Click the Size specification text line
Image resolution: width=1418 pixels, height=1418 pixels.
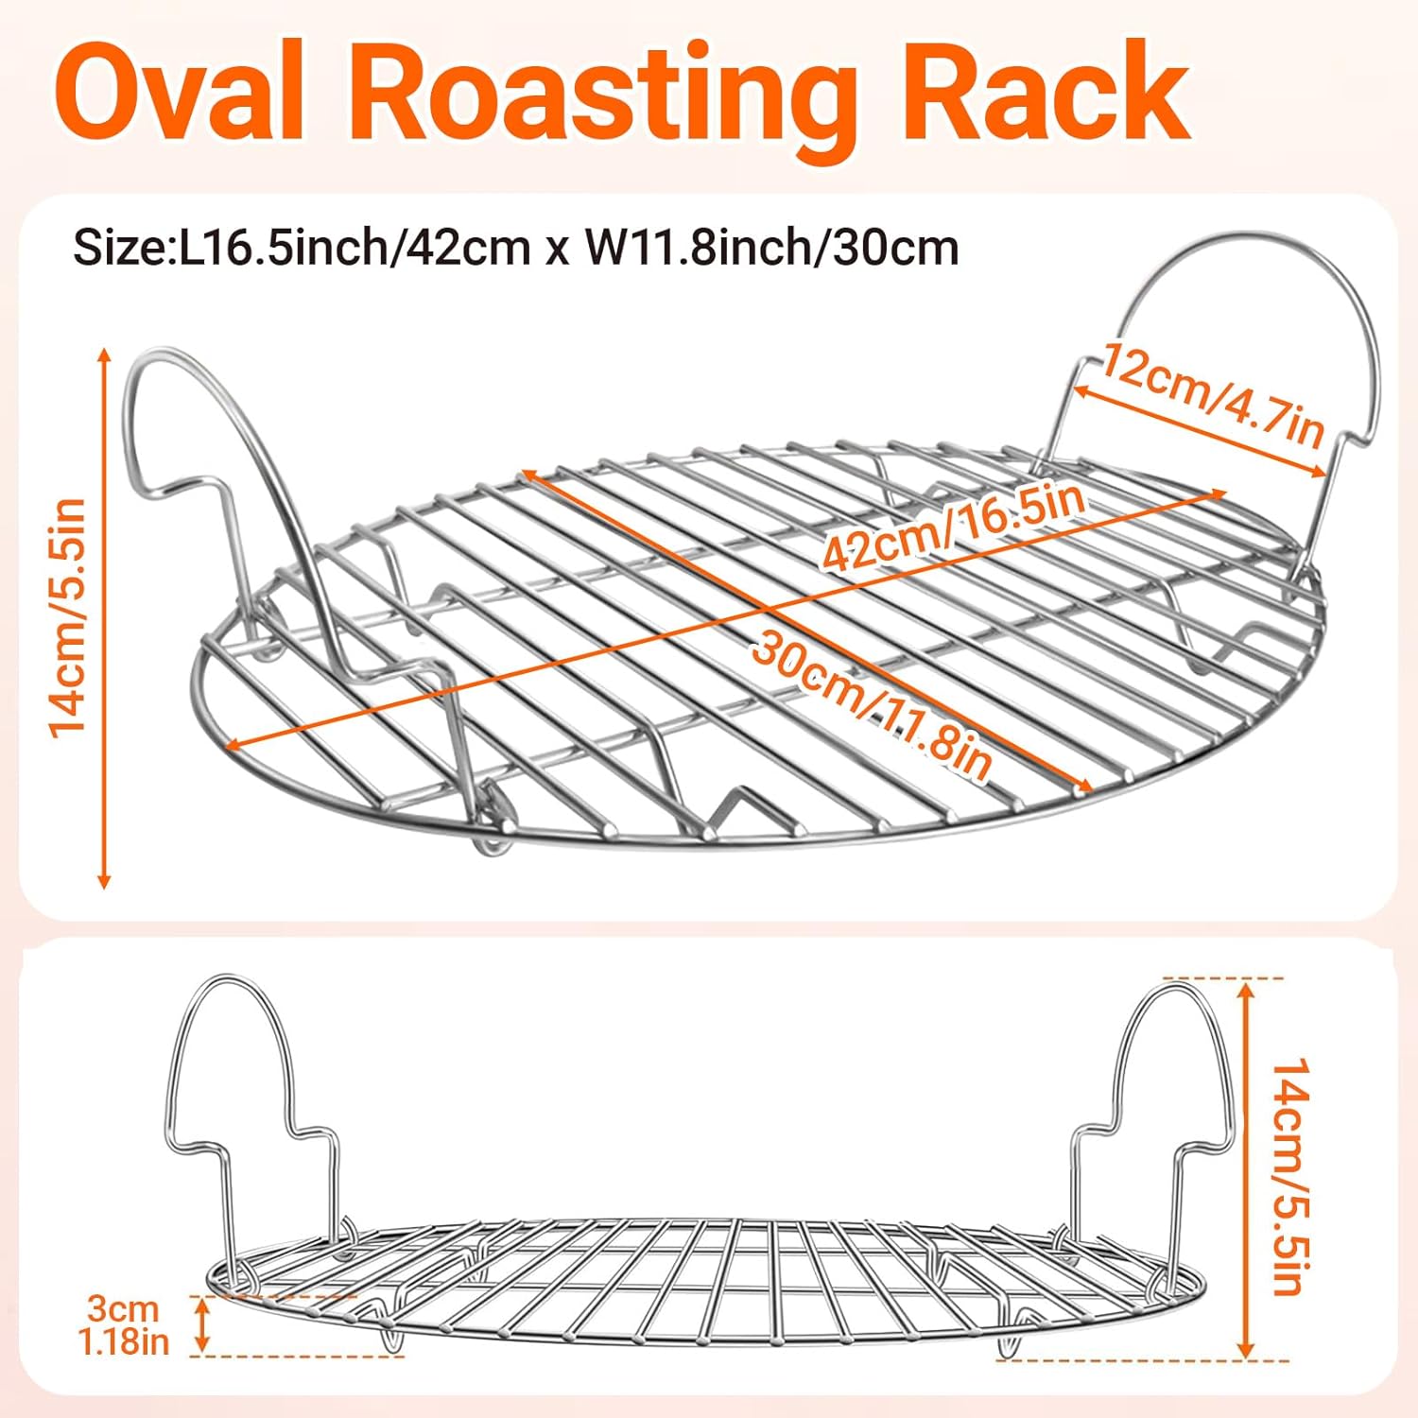pos(516,248)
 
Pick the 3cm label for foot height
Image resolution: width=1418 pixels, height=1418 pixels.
pos(122,1308)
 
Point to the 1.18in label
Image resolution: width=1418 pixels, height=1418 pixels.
pos(124,1341)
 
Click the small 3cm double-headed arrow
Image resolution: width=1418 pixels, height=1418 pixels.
pos(201,1325)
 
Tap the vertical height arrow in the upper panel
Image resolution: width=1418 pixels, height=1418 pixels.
pos(105,618)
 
